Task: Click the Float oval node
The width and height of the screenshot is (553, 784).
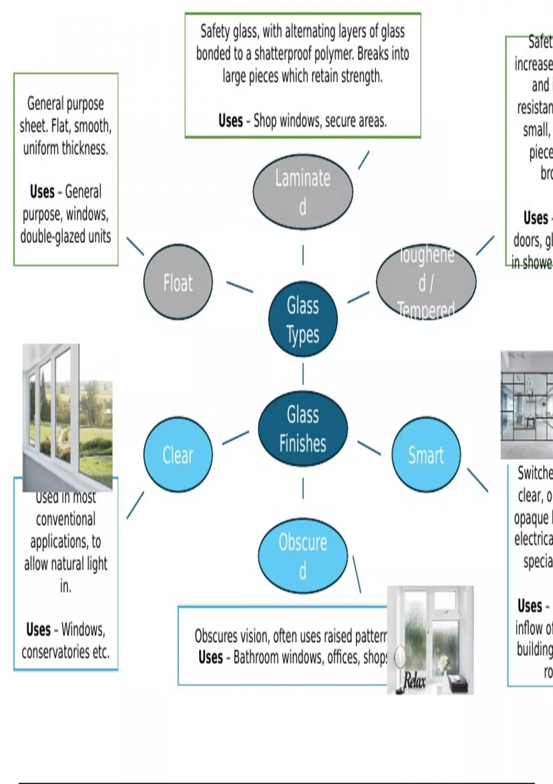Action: click(178, 282)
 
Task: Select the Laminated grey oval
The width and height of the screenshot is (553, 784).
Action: click(303, 191)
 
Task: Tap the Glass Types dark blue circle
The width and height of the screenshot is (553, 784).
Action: click(303, 319)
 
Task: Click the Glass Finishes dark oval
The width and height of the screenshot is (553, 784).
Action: click(303, 429)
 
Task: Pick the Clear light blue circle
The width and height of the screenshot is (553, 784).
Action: click(178, 455)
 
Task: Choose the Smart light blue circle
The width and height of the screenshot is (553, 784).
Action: click(426, 455)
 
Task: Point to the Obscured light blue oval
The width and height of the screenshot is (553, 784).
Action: click(303, 556)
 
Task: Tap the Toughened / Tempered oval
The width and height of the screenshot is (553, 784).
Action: click(426, 282)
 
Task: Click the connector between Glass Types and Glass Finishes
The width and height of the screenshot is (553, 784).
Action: click(303, 374)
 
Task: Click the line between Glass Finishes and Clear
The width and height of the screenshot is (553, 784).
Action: click(235, 438)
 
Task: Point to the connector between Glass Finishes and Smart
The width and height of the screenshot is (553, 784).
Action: click(369, 448)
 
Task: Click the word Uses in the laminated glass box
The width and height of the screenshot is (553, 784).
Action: click(230, 121)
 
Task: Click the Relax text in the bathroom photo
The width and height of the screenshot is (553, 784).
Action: click(414, 681)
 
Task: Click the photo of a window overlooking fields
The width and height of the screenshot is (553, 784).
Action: click(67, 417)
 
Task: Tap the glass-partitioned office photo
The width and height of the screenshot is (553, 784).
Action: click(527, 405)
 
